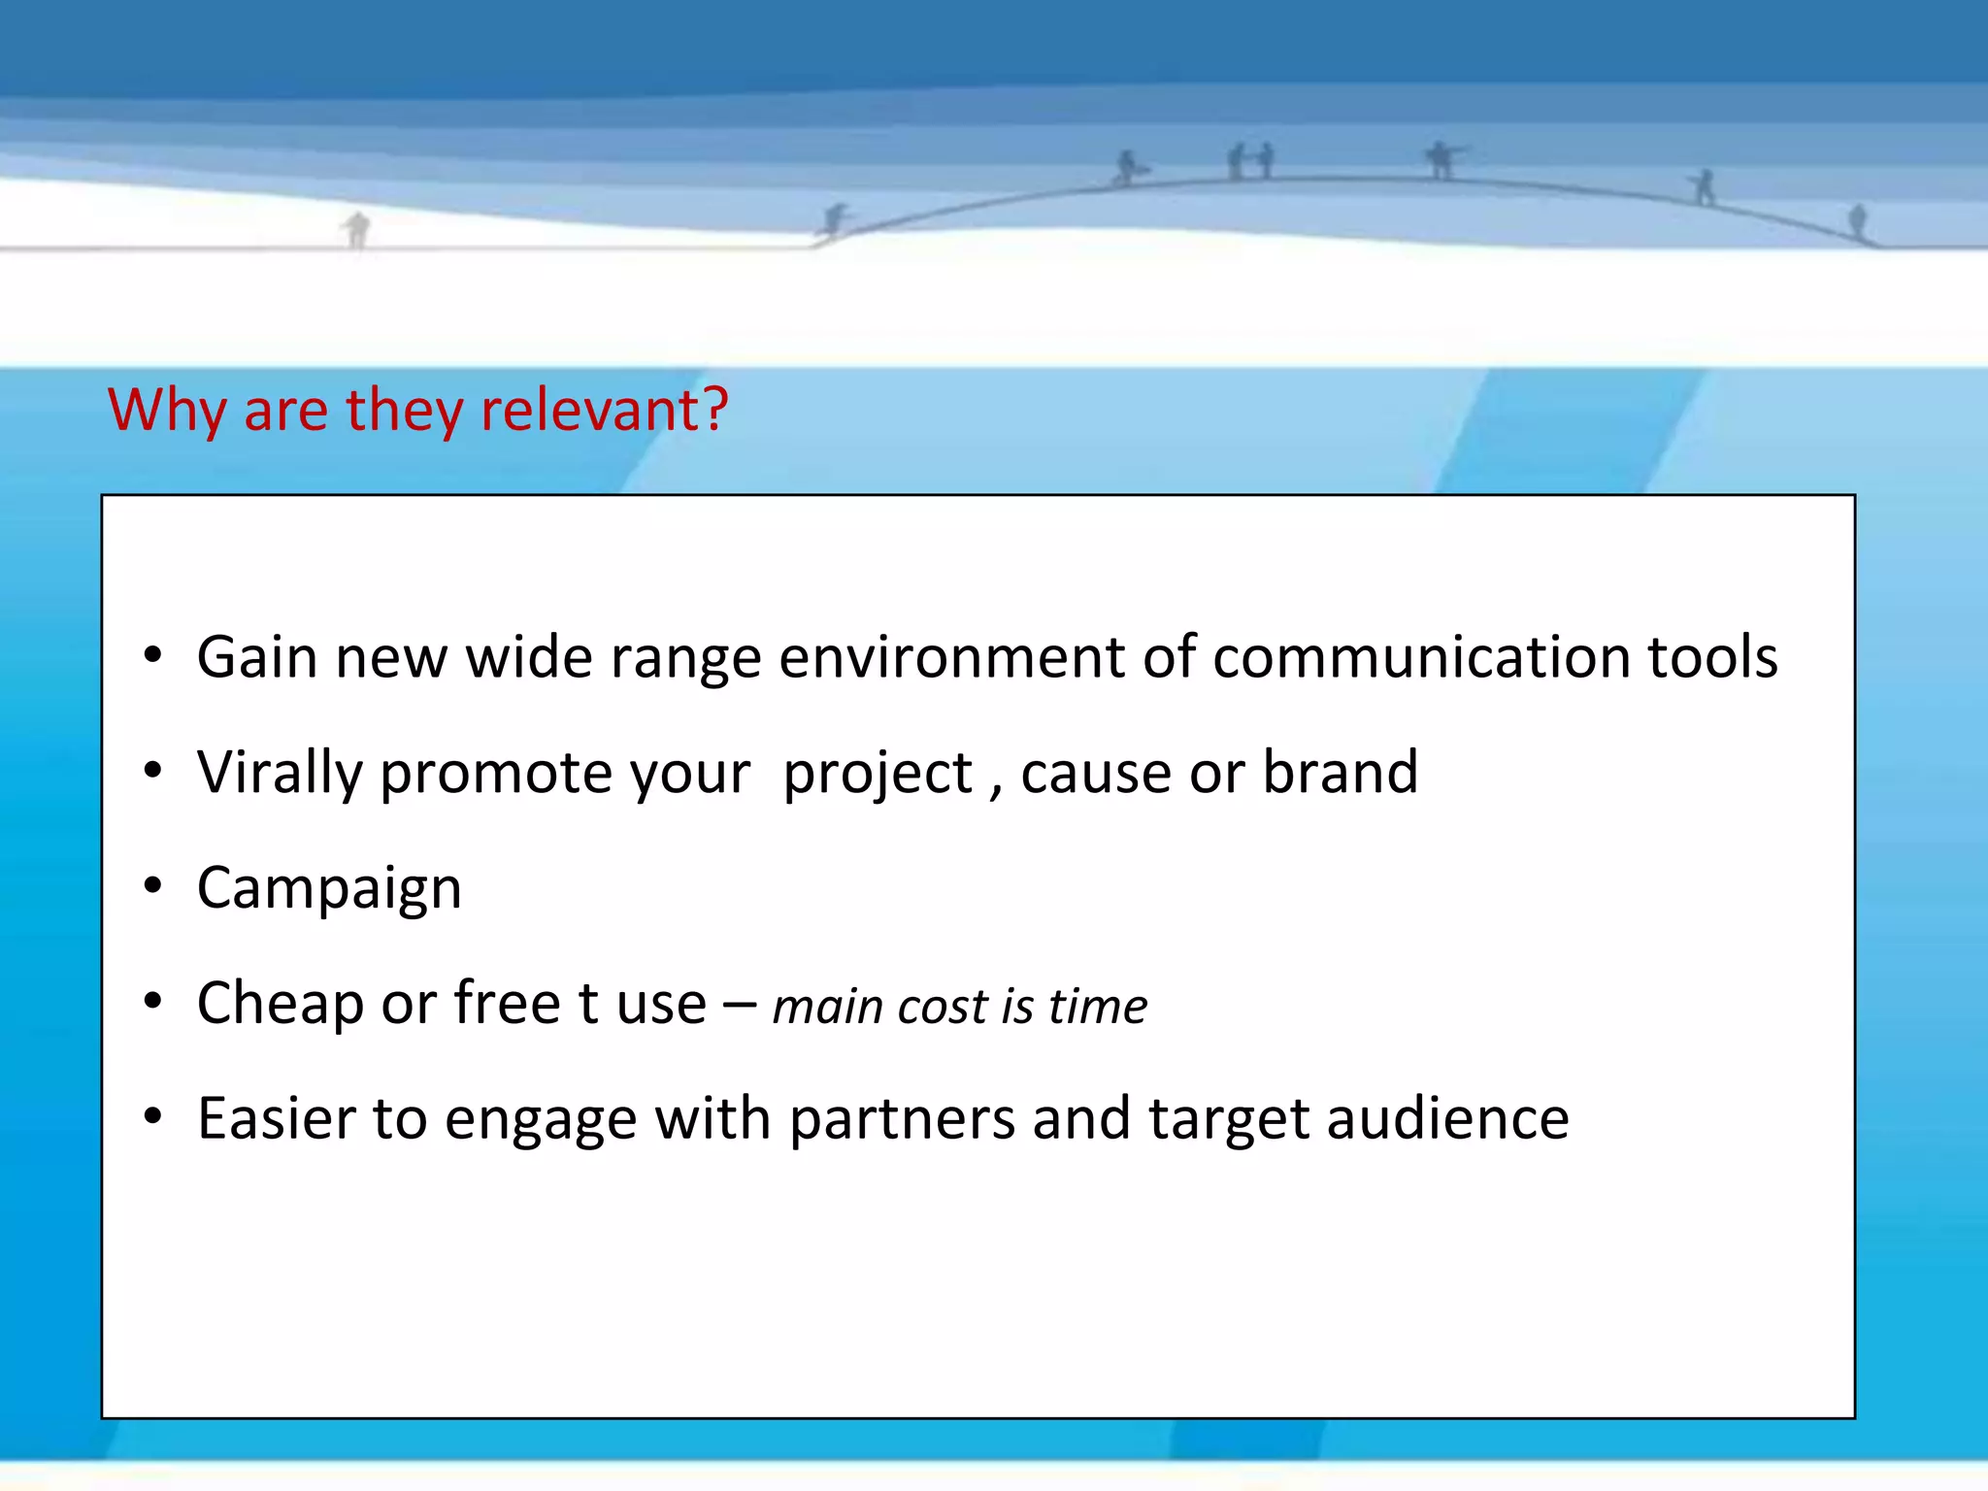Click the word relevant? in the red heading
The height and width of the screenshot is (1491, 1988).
coord(604,410)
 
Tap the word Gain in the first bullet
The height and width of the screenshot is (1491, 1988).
coord(257,657)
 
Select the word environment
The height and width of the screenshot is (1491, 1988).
coord(950,657)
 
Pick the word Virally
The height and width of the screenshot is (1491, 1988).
coord(280,774)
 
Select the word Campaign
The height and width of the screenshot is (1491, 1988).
coord(329,888)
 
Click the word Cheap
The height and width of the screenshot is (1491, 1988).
coord(280,1003)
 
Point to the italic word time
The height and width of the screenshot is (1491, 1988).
coord(1098,1006)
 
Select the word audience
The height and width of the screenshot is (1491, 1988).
coord(1447,1118)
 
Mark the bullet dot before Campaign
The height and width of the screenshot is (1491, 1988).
coord(152,886)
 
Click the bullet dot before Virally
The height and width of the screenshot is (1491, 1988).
coord(152,772)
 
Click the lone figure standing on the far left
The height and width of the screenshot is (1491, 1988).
coord(357,229)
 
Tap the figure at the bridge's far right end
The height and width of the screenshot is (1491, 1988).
coord(1857,220)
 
